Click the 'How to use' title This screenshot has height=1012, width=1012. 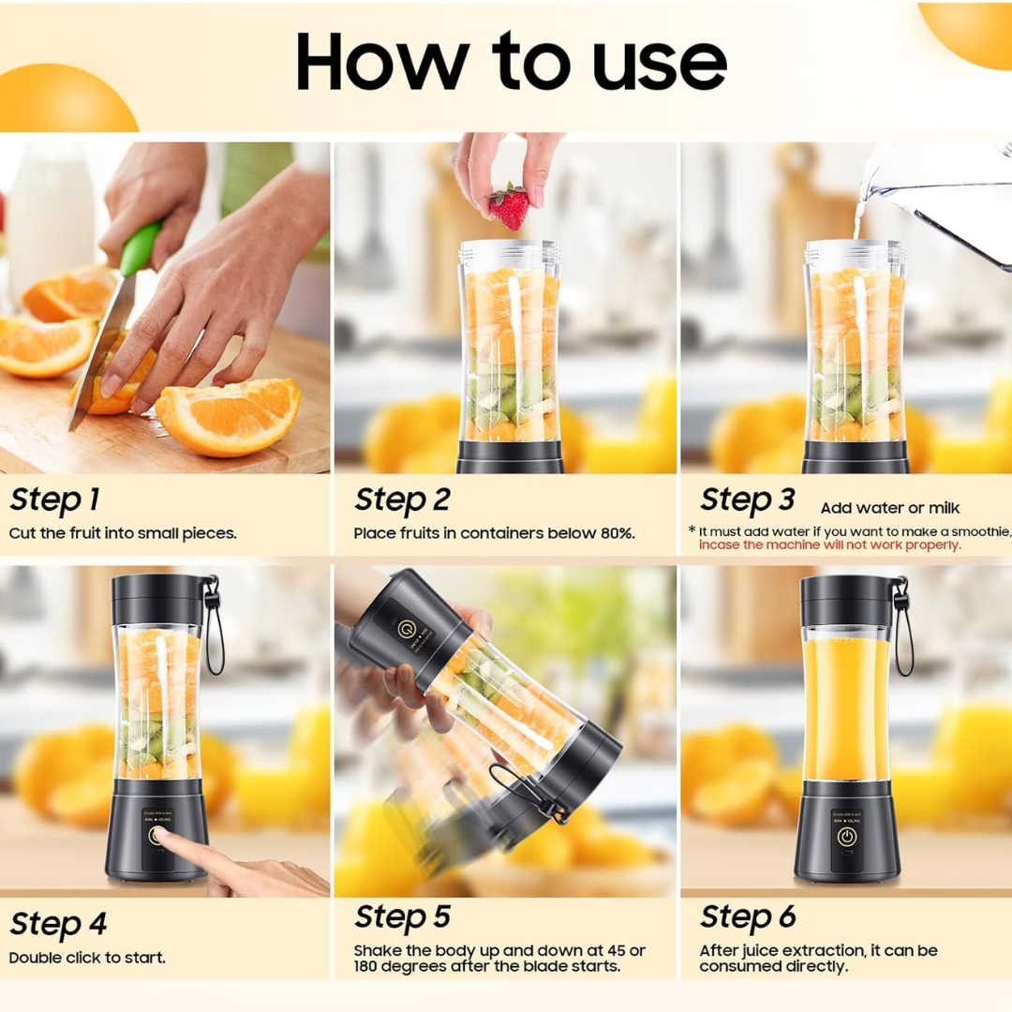[x=511, y=63]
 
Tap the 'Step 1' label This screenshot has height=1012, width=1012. [x=54, y=500]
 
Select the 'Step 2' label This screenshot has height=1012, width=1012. [x=402, y=500]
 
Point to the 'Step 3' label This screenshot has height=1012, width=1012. [x=747, y=499]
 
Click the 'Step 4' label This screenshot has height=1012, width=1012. [x=58, y=924]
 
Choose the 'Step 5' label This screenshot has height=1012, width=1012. [x=402, y=916]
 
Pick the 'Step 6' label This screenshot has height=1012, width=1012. [x=747, y=916]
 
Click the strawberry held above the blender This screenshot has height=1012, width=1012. [x=510, y=206]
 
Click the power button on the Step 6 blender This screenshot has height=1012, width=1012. [x=846, y=837]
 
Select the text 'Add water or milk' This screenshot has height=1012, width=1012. [x=890, y=508]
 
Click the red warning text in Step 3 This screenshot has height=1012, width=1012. [x=829, y=544]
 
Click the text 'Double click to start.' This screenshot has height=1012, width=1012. [x=87, y=958]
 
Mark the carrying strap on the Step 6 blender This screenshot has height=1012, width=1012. [x=902, y=628]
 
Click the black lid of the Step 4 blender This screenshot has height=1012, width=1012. [x=157, y=599]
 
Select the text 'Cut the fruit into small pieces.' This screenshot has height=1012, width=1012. [x=123, y=533]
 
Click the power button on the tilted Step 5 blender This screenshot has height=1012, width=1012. [x=407, y=628]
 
